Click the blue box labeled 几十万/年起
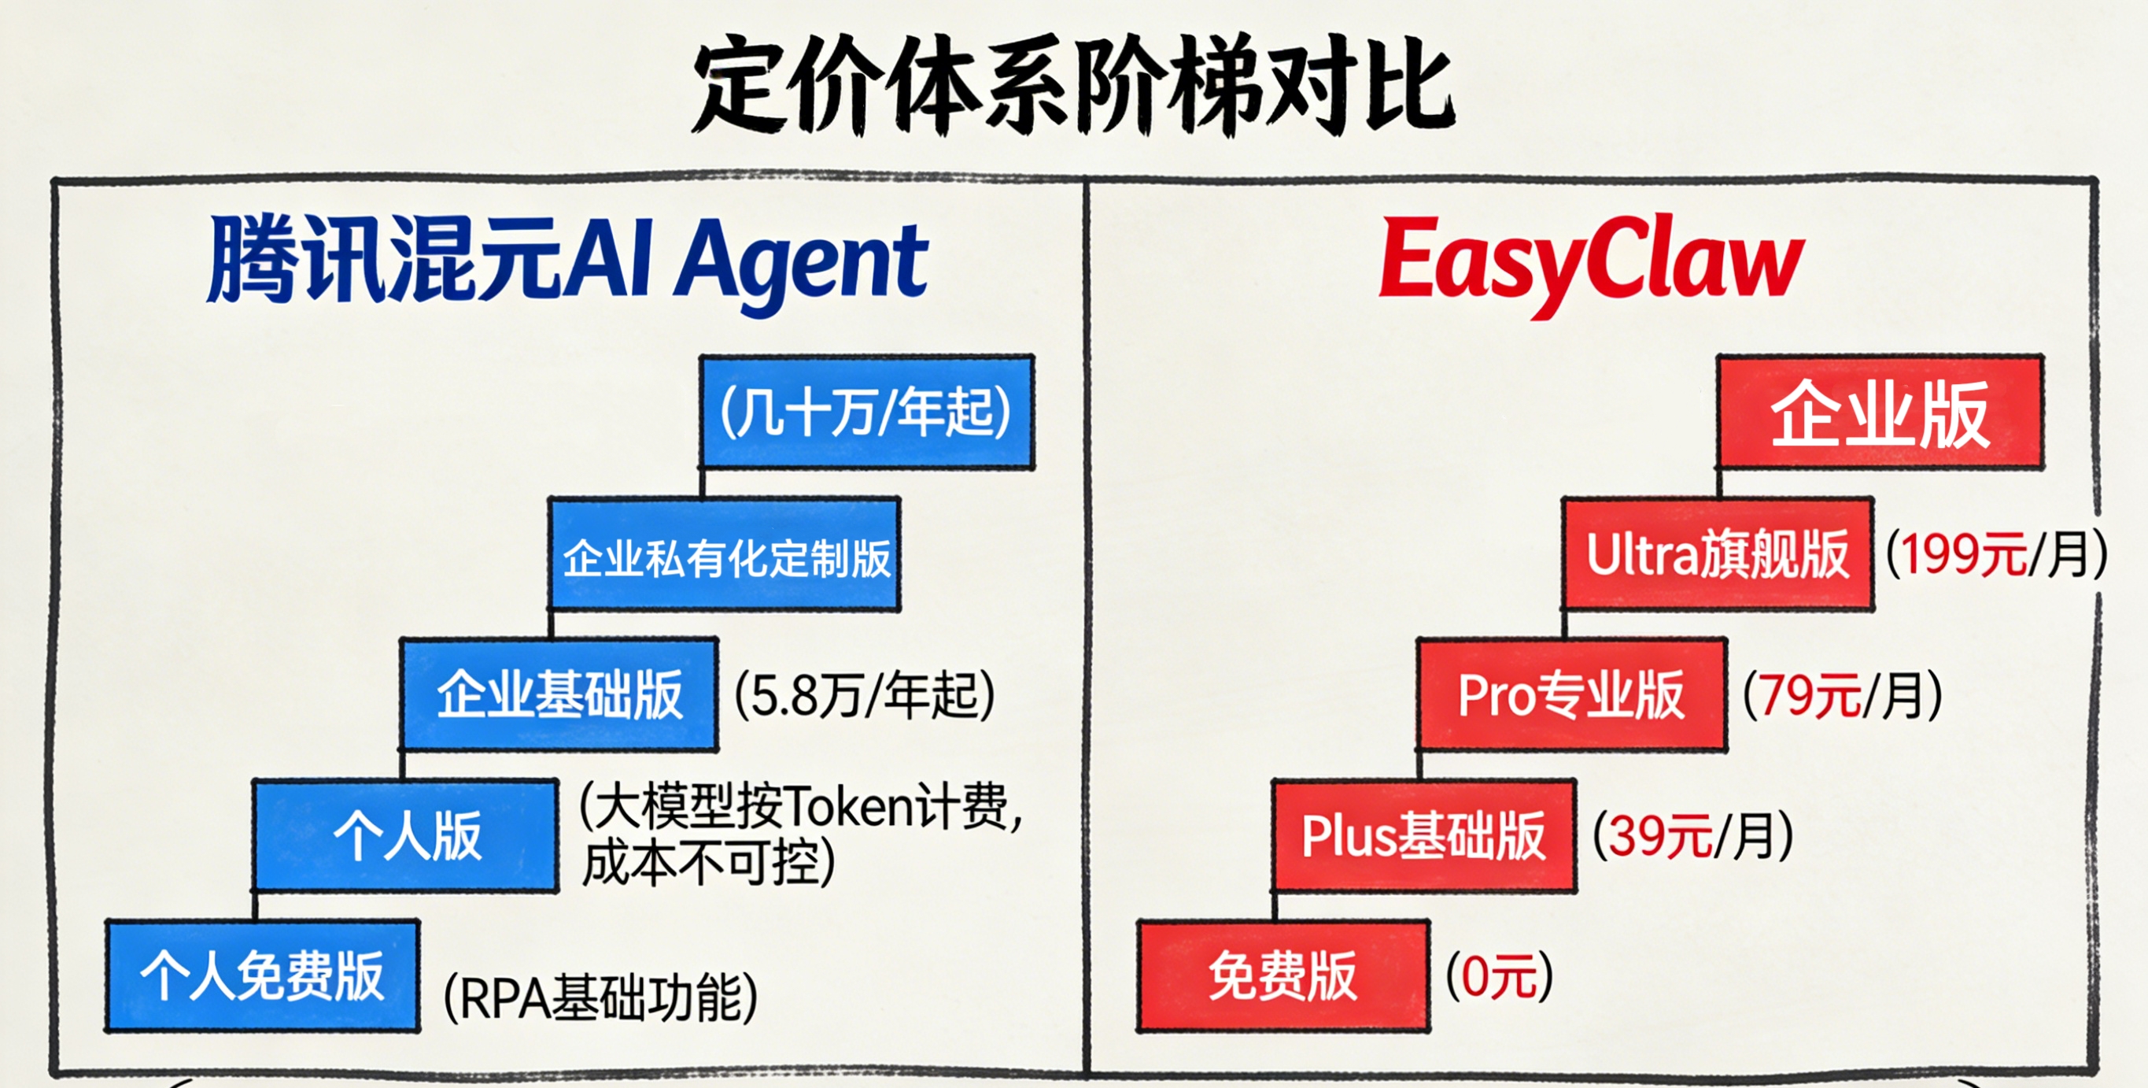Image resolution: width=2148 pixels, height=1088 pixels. [867, 411]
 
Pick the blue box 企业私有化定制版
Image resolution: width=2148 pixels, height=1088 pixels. [724, 555]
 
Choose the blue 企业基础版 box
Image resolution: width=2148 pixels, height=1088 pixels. [559, 694]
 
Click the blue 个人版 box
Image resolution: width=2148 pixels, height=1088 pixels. [406, 835]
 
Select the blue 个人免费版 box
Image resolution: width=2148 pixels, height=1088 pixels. [262, 975]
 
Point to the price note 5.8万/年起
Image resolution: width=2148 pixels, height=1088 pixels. [865, 695]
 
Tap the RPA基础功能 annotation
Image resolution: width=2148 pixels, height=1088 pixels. [600, 997]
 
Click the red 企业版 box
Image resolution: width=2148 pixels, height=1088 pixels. [1880, 411]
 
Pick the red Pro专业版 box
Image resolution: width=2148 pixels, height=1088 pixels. [1571, 694]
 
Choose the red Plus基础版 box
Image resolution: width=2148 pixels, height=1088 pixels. [1424, 835]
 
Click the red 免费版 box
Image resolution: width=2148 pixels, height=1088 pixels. [1283, 975]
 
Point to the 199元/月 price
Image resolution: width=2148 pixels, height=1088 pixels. [1996, 554]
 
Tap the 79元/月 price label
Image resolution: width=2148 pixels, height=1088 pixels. [1843, 695]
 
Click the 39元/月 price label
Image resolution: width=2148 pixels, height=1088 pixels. [1692, 835]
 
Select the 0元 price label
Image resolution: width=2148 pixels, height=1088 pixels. [1499, 975]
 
